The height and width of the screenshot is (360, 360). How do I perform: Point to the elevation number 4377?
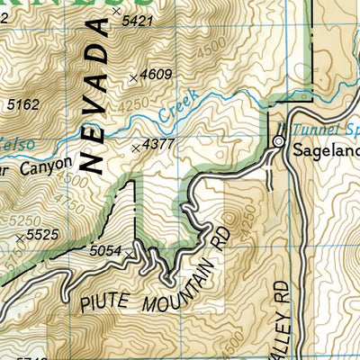[x=158, y=145]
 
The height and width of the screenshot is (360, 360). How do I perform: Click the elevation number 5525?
[x=42, y=236]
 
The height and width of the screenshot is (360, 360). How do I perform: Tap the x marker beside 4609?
[x=134, y=78]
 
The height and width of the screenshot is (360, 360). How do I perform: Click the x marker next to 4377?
[x=136, y=147]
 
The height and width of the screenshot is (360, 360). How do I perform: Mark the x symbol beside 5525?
[x=20, y=238]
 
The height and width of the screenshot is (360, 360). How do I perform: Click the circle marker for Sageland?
[x=279, y=142]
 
